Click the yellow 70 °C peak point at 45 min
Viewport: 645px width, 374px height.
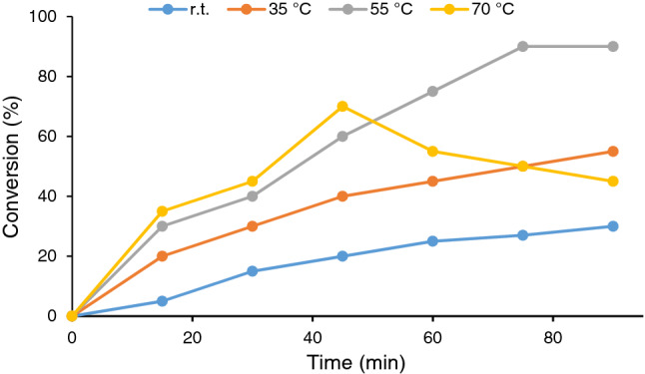click(342, 106)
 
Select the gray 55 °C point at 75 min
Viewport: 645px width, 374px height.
click(522, 46)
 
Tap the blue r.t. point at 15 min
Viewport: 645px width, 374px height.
click(162, 300)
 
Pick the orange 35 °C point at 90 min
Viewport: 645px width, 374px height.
click(613, 151)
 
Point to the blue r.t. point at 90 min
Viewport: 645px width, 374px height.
click(613, 226)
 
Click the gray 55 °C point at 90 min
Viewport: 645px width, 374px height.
click(613, 46)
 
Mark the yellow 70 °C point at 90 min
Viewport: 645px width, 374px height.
click(613, 181)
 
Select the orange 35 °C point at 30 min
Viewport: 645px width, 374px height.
click(252, 226)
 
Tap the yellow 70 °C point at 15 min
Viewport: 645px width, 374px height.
click(162, 211)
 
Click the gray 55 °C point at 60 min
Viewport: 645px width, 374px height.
click(432, 91)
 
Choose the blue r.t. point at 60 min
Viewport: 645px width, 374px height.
click(432, 240)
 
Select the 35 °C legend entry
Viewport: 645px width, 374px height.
click(281, 10)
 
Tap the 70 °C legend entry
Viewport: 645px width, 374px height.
click(494, 10)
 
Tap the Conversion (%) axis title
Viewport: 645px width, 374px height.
click(14, 166)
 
